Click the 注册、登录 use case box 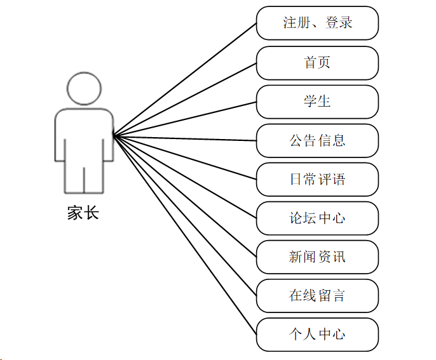click(317, 23)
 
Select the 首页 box click(317, 63)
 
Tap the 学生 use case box click(317, 102)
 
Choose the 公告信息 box click(317, 140)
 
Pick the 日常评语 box click(317, 179)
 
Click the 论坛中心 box click(317, 218)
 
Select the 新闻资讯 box click(317, 257)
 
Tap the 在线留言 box click(317, 296)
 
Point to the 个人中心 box click(317, 335)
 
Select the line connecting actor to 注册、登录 click(184, 79)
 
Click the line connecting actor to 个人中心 click(184, 234)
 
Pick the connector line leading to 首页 click(184, 99)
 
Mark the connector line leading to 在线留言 click(184, 215)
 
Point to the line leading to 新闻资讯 click(184, 196)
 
